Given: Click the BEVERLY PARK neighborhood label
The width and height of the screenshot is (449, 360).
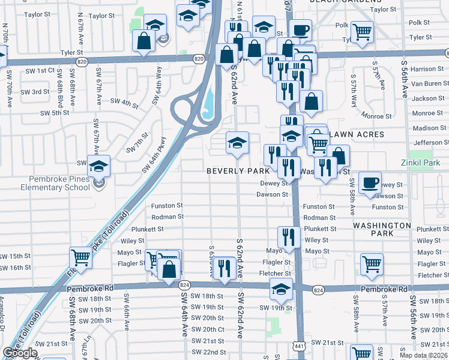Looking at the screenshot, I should (238, 171).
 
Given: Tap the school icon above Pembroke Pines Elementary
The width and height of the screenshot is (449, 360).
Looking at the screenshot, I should (99, 166).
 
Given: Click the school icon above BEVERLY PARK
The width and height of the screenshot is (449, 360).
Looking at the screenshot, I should (237, 143).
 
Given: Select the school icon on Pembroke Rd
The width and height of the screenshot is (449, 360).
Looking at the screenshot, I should (280, 289).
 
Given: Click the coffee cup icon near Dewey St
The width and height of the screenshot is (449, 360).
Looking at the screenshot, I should (370, 182).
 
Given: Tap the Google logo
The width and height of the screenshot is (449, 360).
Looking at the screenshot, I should (20, 353).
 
